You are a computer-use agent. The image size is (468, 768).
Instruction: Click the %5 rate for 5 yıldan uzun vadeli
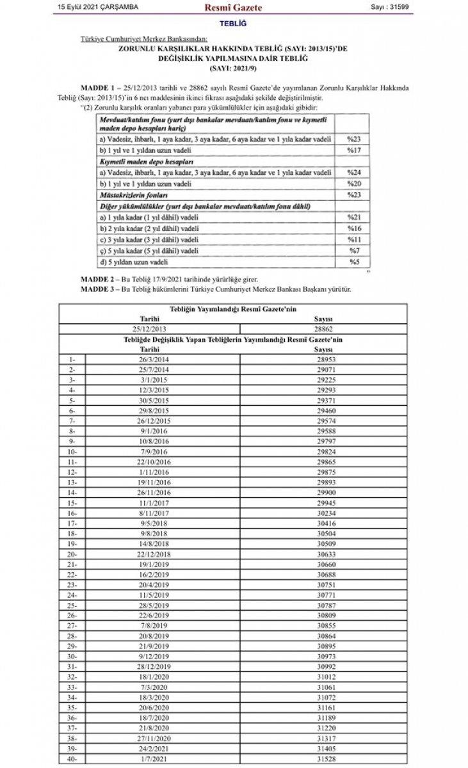pyautogui.click(x=355, y=261)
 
